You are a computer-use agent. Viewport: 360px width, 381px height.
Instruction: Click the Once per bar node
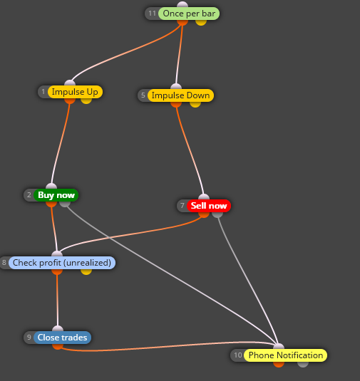coord(189,14)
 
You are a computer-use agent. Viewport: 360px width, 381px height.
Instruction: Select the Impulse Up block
coord(75,92)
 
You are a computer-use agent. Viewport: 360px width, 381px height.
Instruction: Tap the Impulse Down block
coord(180,95)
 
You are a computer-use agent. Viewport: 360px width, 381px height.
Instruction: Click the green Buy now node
coord(56,195)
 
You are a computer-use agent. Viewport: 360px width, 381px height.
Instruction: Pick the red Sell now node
coord(209,206)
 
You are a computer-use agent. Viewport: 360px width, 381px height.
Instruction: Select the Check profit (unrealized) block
coord(62,263)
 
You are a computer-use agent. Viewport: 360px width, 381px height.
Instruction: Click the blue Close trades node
coord(62,338)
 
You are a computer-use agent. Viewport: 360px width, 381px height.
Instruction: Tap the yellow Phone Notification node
coord(286,355)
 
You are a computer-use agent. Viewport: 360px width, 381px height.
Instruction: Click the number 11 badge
coord(152,14)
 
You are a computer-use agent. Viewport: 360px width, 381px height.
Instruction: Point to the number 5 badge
coord(143,95)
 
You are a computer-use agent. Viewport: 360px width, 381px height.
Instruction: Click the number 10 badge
coord(237,355)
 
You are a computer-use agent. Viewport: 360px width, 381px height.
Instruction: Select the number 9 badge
coord(29,338)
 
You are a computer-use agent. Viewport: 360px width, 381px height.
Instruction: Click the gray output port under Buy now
coord(65,204)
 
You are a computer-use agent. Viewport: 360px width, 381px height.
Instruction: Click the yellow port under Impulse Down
coord(195,105)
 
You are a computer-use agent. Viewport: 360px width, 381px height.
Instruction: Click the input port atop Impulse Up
coord(70,83)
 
